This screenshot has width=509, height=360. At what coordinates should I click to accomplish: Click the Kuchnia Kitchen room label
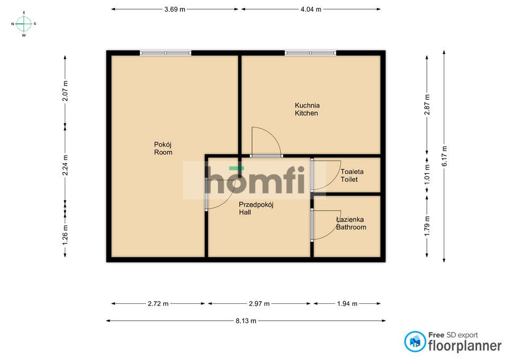(307, 109)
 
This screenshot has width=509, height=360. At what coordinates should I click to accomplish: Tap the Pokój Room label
(163, 148)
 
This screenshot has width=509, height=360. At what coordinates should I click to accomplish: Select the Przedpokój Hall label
(256, 208)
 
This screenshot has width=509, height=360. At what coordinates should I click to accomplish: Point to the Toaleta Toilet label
(352, 175)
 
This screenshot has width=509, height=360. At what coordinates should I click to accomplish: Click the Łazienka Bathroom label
(351, 223)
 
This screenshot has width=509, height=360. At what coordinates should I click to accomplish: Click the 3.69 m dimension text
(174, 10)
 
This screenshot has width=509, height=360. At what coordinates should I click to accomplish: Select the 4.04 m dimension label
(311, 10)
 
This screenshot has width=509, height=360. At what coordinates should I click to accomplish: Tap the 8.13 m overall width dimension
(245, 321)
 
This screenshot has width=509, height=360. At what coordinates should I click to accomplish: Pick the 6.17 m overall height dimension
(444, 156)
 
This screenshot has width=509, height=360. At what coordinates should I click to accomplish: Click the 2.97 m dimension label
(259, 304)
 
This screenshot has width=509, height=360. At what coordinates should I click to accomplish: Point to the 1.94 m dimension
(347, 304)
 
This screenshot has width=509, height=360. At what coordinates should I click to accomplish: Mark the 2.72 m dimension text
(158, 304)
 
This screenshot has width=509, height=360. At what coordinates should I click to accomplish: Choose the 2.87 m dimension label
(427, 104)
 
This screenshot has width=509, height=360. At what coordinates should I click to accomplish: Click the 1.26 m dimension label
(65, 235)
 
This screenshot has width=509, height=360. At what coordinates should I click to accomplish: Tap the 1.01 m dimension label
(427, 174)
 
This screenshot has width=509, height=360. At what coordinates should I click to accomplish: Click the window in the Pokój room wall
(165, 53)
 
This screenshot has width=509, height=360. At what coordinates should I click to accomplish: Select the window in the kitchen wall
(311, 53)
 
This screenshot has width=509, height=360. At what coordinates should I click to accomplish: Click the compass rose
(24, 24)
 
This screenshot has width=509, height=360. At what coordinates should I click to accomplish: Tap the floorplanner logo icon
(415, 341)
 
